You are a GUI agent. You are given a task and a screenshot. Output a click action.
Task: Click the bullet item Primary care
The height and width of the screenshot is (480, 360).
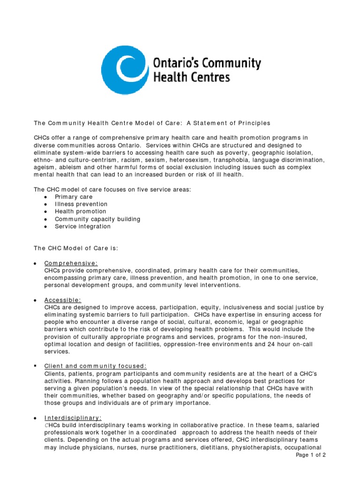pyautogui.click(x=74, y=197)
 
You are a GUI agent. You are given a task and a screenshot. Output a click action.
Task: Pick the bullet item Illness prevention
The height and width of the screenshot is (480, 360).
pyautogui.click(x=81, y=204)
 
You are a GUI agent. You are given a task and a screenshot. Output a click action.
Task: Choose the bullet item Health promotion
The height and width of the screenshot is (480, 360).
pyautogui.click(x=80, y=211)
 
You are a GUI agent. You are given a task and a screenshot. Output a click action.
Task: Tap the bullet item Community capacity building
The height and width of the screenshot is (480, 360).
pyautogui.click(x=97, y=219)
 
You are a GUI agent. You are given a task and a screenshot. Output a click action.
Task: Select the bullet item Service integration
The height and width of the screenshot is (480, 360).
pyautogui.click(x=82, y=226)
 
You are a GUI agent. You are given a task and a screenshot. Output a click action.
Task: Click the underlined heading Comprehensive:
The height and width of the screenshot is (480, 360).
pyautogui.click(x=71, y=263)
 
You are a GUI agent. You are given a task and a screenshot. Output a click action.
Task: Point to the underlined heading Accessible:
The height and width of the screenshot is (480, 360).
pyautogui.click(x=63, y=300)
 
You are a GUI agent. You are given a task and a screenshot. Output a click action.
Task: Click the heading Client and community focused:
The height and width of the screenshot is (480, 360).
pyautogui.click(x=96, y=366)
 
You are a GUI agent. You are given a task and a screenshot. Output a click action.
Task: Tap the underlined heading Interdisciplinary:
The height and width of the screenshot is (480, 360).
pyautogui.click(x=73, y=418)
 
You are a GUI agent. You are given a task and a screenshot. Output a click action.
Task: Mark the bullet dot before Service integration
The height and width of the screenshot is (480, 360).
pyautogui.click(x=45, y=227)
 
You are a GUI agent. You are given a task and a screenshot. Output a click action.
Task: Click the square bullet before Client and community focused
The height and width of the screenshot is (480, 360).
pyautogui.click(x=36, y=366)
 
